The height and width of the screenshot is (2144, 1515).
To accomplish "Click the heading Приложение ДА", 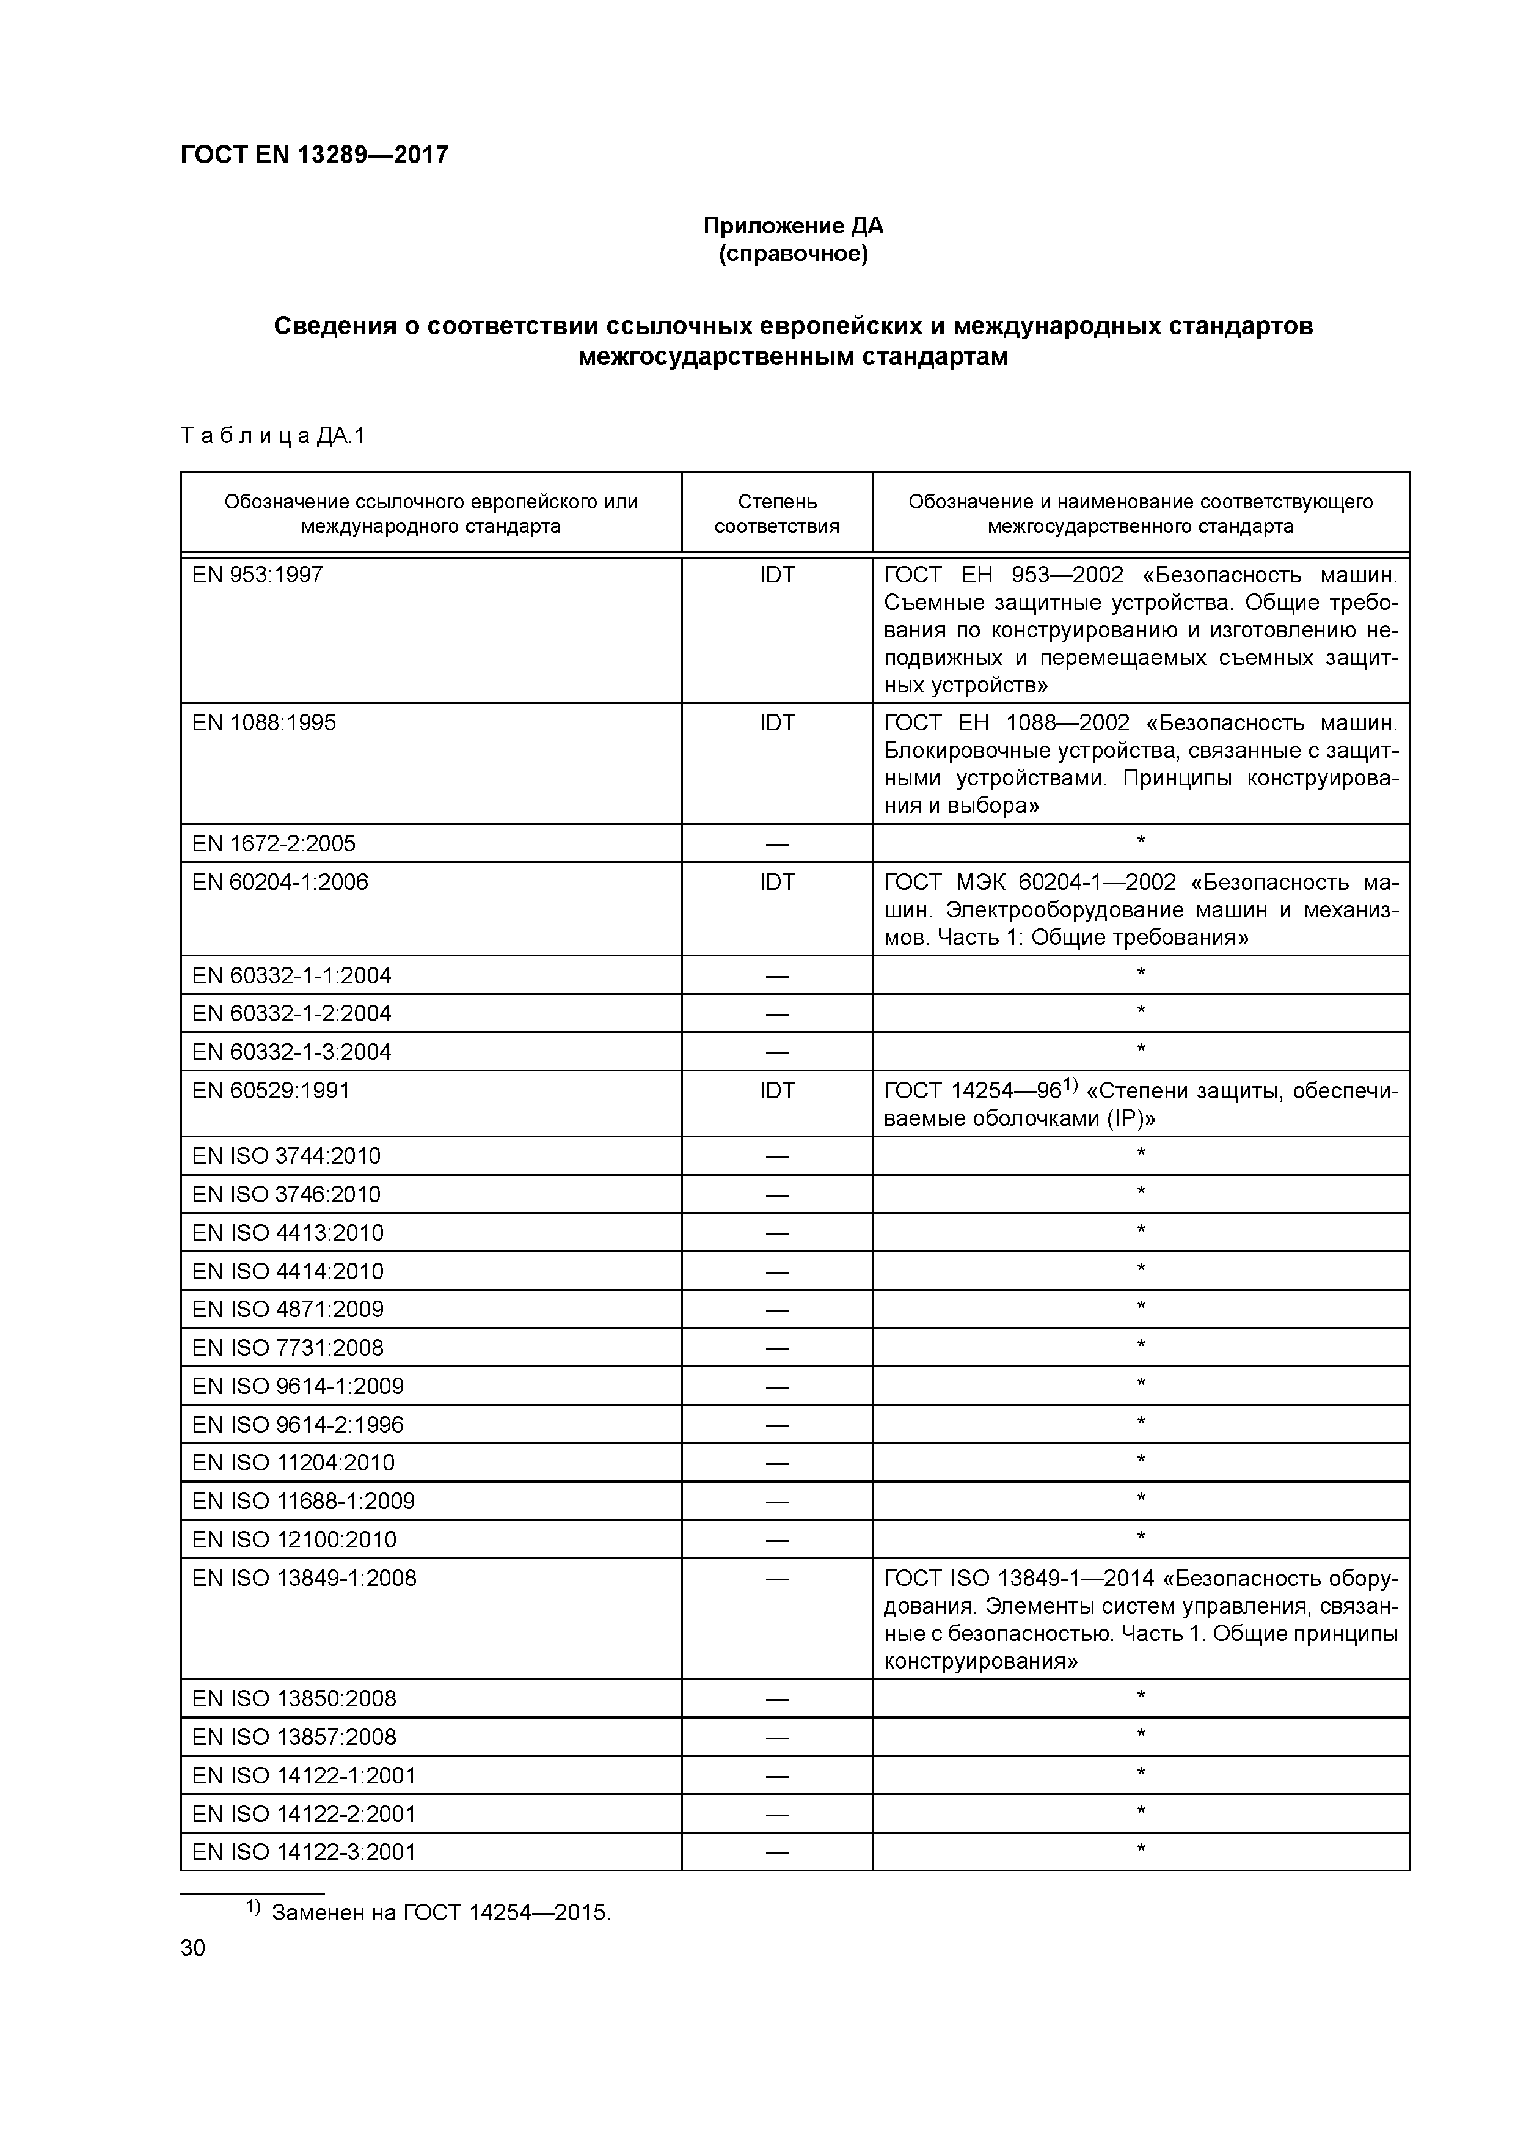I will [792, 226].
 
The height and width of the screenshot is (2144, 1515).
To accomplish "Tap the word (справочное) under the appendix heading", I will [792, 254].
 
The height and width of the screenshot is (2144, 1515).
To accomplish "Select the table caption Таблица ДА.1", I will [272, 436].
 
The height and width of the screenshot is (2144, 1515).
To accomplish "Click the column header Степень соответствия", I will [776, 513].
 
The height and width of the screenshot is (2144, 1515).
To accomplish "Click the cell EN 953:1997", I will [258, 575].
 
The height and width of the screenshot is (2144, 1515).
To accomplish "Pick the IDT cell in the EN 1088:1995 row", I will [776, 723].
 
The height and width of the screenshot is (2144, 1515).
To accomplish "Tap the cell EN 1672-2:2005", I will [274, 844].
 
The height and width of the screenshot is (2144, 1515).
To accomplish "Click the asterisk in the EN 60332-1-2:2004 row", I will [1141, 1011].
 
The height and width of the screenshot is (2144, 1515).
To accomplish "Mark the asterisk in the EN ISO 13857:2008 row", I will [1141, 1735].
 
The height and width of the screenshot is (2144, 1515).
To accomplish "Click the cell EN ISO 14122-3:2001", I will [304, 1852].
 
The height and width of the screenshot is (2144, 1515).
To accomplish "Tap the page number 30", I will [193, 1948].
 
